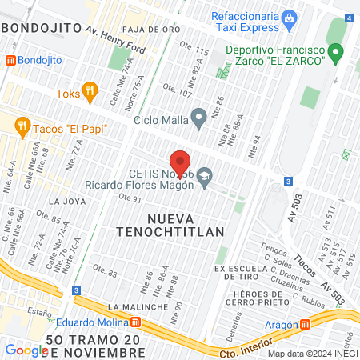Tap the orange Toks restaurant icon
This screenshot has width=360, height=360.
pos(90,93)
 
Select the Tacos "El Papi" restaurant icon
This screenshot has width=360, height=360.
pos(22,126)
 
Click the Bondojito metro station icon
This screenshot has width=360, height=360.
pos(10,60)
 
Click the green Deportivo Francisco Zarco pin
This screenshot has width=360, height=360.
pos(337,54)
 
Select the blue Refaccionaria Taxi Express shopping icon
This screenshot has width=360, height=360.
pos(290,16)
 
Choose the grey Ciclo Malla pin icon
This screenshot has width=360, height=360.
pos(201,121)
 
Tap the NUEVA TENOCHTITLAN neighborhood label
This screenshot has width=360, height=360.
pos(184,223)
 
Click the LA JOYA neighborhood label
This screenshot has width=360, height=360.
pos(66,202)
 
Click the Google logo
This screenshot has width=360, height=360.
pos(26,350)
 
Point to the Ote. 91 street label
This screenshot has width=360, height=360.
pos(129,198)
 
